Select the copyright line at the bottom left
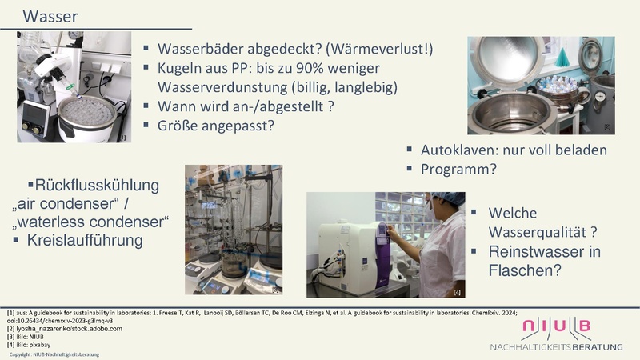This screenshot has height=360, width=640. (x=54, y=354)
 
